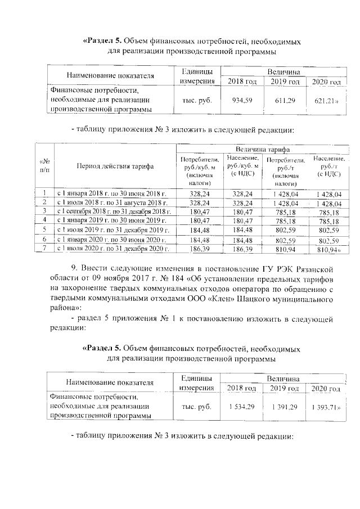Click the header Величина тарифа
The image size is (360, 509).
[262, 150]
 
